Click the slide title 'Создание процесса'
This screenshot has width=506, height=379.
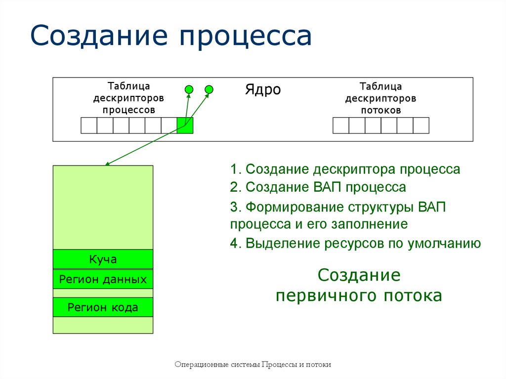pos(171,36)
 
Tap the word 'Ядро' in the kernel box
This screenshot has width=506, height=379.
pos(263,89)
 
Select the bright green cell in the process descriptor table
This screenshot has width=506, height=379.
pos(185,126)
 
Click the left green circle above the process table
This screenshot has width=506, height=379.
pos(189,89)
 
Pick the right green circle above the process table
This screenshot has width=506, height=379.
pos(209,89)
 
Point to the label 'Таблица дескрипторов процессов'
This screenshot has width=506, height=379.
pos(128,98)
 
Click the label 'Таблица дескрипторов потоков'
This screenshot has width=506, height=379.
pos(381,98)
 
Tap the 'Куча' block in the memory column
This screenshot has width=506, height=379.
pos(103,259)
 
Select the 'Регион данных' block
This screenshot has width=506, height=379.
pos(103,279)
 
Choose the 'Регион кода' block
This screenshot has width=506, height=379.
pos(103,307)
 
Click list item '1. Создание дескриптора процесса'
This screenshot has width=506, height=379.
pos(345,169)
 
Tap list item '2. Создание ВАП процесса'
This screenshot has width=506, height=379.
pos(318,187)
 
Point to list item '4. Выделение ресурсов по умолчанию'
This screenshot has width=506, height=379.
pos(355,243)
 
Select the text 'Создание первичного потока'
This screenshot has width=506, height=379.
pos(359,286)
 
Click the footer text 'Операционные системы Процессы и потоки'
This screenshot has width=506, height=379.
pos(253,365)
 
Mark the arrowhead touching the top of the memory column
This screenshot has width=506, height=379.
pos(107,164)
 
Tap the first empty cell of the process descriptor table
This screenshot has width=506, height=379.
pos(89,126)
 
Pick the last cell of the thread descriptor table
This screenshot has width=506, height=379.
pos(421,126)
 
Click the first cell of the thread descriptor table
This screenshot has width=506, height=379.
pos(341,126)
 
